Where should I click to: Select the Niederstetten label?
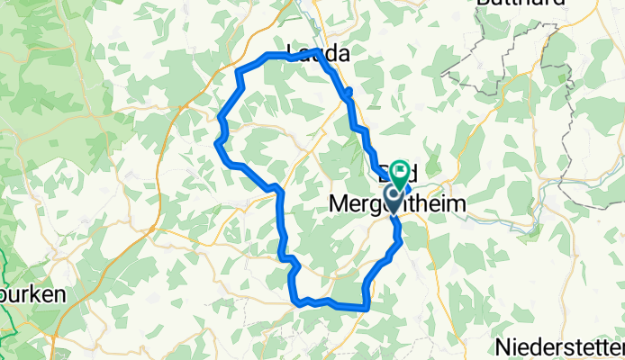[559, 346]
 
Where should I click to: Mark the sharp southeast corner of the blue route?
[367, 308]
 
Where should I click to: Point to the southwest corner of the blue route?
[296, 302]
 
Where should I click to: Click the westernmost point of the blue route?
[217, 141]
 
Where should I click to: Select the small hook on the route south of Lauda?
[349, 91]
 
